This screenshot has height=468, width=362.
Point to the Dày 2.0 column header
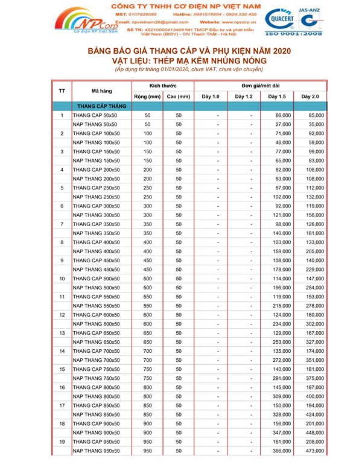310,96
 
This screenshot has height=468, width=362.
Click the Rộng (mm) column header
147,96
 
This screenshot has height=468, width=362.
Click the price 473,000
315,451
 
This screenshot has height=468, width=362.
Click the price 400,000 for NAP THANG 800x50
315,396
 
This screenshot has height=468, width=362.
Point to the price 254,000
315,288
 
